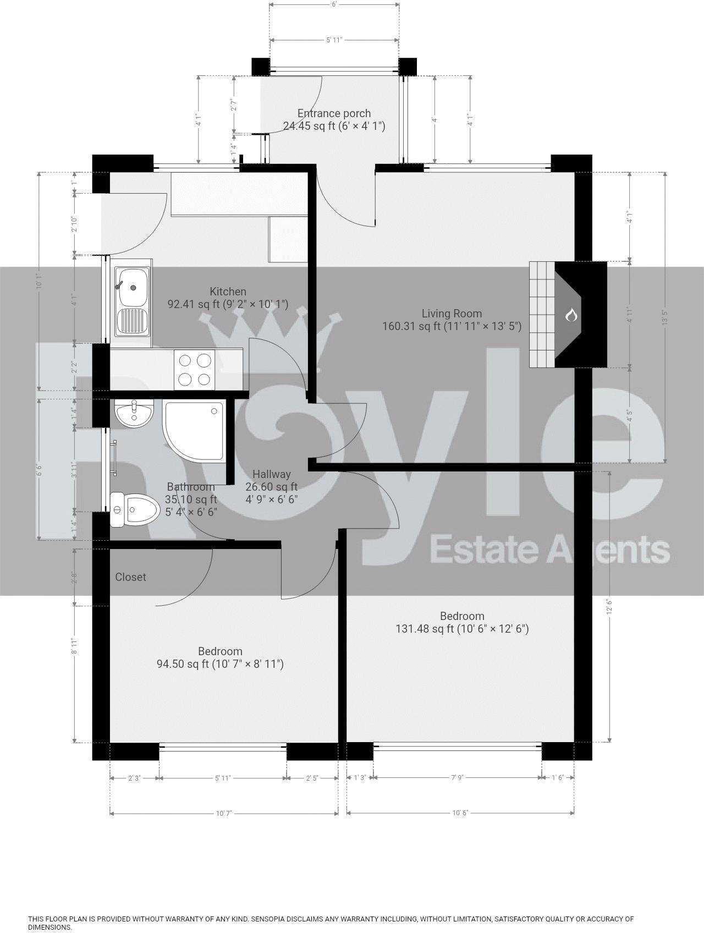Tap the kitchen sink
coord(131,301)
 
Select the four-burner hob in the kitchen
coord(194,370)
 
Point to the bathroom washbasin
coord(133,414)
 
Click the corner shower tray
coord(194,431)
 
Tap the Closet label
coord(130,577)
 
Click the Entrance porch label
coord(334,114)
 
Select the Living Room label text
coord(452,314)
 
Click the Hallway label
coord(271,474)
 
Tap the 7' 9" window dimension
coord(458,778)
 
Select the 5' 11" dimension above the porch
coord(334,40)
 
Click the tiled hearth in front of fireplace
coord(542,315)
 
